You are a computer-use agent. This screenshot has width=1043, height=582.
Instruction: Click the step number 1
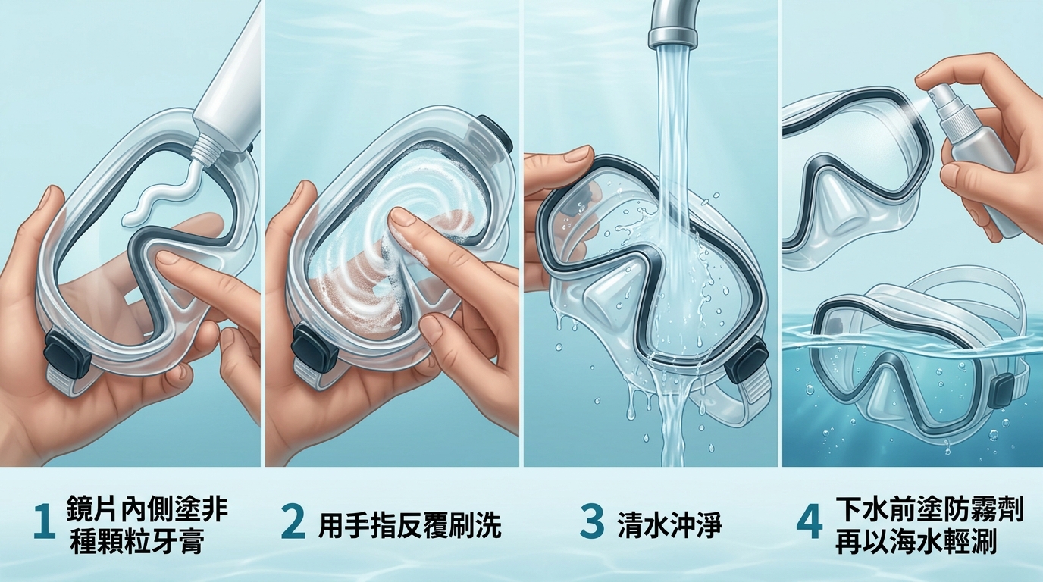point(44,523)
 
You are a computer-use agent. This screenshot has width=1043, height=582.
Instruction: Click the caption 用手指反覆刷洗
point(409,525)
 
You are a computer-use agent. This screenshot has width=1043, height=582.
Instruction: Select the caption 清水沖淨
point(669,525)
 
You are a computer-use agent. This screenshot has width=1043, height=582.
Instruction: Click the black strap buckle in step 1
point(67,352)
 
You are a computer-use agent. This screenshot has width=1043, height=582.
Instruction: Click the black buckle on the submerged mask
point(1003,394)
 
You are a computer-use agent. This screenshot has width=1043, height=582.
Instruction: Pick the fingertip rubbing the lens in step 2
point(404,218)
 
